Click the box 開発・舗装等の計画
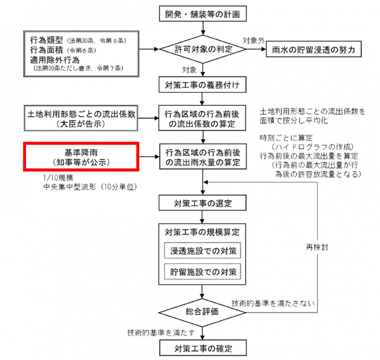[204, 14]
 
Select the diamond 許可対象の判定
[204, 49]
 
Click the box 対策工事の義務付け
[204, 83]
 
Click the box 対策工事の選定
[204, 202]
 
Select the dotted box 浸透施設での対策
[204, 251]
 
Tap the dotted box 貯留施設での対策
[204, 272]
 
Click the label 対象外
[253, 40]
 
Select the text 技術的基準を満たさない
[271, 302]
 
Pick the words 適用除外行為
[55, 59]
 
